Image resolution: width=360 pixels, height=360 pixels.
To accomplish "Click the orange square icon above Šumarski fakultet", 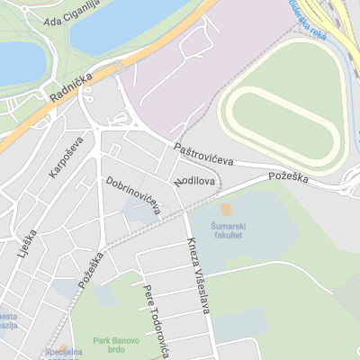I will coord(225,210).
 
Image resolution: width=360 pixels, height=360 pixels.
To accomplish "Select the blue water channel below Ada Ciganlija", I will coord(135,22).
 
